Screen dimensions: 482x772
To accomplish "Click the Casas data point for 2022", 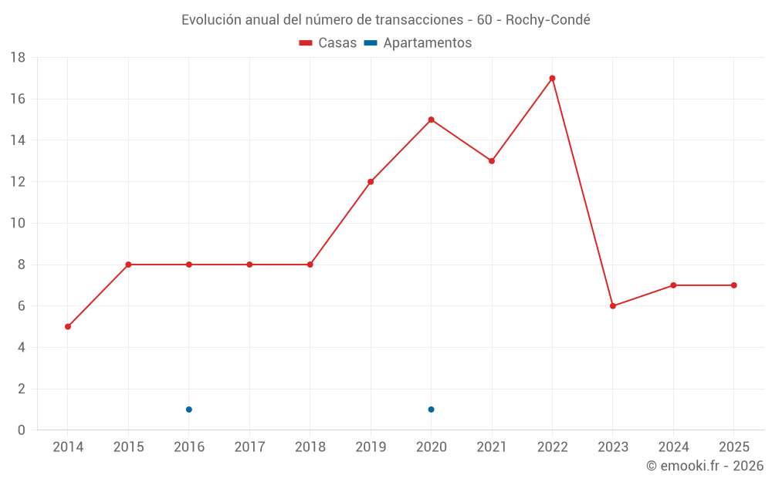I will [x=552, y=78].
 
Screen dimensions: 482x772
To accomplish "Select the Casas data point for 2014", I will [x=68, y=326].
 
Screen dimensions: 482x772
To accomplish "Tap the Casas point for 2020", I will [x=431, y=120].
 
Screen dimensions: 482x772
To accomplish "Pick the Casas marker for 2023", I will [x=613, y=306].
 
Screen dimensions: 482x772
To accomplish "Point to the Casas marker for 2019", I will [x=371, y=182].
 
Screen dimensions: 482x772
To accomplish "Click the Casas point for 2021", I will [x=492, y=161].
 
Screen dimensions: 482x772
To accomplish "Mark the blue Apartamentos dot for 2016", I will [x=189, y=410].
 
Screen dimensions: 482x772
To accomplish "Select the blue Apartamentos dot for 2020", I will [x=431, y=410].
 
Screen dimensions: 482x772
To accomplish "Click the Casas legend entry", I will [x=328, y=43].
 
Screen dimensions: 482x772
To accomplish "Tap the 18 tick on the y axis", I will [x=18, y=58].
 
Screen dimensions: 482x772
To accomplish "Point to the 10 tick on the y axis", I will [x=18, y=224].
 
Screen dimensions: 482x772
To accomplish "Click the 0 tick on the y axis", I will [x=22, y=430].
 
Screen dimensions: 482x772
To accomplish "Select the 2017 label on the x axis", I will [x=249, y=447].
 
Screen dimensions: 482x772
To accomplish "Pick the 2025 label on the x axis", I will [x=734, y=447].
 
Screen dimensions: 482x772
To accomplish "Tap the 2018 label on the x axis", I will [x=310, y=447].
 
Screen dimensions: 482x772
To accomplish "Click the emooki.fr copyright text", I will [x=705, y=466].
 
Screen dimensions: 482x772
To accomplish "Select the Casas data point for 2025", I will [x=734, y=285].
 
